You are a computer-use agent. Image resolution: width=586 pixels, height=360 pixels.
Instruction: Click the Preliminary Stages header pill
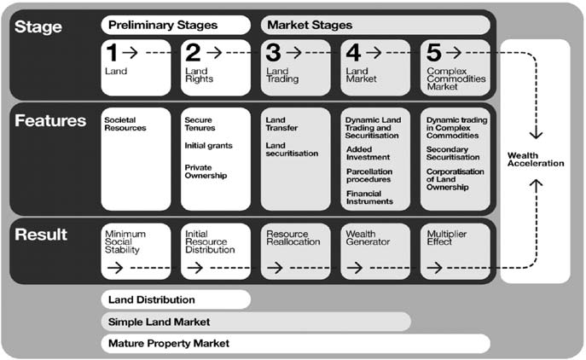pyautogui.click(x=176, y=25)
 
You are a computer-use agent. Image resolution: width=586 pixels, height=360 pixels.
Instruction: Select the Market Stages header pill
pyautogui.click(x=375, y=25)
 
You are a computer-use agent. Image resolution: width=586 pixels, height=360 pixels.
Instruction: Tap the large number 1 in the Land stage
pyautogui.click(x=112, y=53)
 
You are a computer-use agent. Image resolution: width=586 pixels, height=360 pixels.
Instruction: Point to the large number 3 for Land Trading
pyautogui.click(x=273, y=53)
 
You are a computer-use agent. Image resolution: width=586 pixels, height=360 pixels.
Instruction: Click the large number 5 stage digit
pyautogui.click(x=433, y=53)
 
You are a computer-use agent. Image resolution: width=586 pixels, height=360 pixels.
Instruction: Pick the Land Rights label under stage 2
pyautogui.click(x=200, y=75)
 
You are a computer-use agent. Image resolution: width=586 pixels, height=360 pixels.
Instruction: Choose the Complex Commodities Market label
pyautogui.click(x=456, y=78)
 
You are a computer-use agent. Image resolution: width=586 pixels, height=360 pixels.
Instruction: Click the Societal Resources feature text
pyautogui.click(x=125, y=124)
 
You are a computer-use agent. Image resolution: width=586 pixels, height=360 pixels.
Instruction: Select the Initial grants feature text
pyautogui.click(x=208, y=145)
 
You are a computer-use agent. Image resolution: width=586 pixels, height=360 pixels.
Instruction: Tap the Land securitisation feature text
pyautogui.click(x=292, y=149)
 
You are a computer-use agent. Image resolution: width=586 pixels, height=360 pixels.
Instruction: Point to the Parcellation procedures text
pyautogui.click(x=369, y=176)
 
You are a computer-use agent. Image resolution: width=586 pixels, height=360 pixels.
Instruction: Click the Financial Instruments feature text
pyautogui.click(x=369, y=197)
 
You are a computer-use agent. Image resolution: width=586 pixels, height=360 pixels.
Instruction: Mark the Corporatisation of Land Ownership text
pyautogui.click(x=455, y=179)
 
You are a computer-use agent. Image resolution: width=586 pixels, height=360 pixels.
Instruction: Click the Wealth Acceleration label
pyautogui.click(x=536, y=160)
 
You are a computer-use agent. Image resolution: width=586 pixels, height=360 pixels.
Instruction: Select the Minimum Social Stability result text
pyautogui.click(x=125, y=242)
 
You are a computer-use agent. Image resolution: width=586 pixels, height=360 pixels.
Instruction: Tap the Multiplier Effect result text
pyautogui.click(x=447, y=238)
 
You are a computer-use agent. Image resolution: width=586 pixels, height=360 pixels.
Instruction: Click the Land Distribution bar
pyautogui.click(x=176, y=299)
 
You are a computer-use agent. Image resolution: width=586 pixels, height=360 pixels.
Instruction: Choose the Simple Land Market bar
pyautogui.click(x=256, y=322)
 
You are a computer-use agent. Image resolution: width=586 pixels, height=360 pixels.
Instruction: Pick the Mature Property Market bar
pyautogui.click(x=296, y=343)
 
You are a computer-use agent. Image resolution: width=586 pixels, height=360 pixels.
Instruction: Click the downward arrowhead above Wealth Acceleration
pyautogui.click(x=537, y=135)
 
